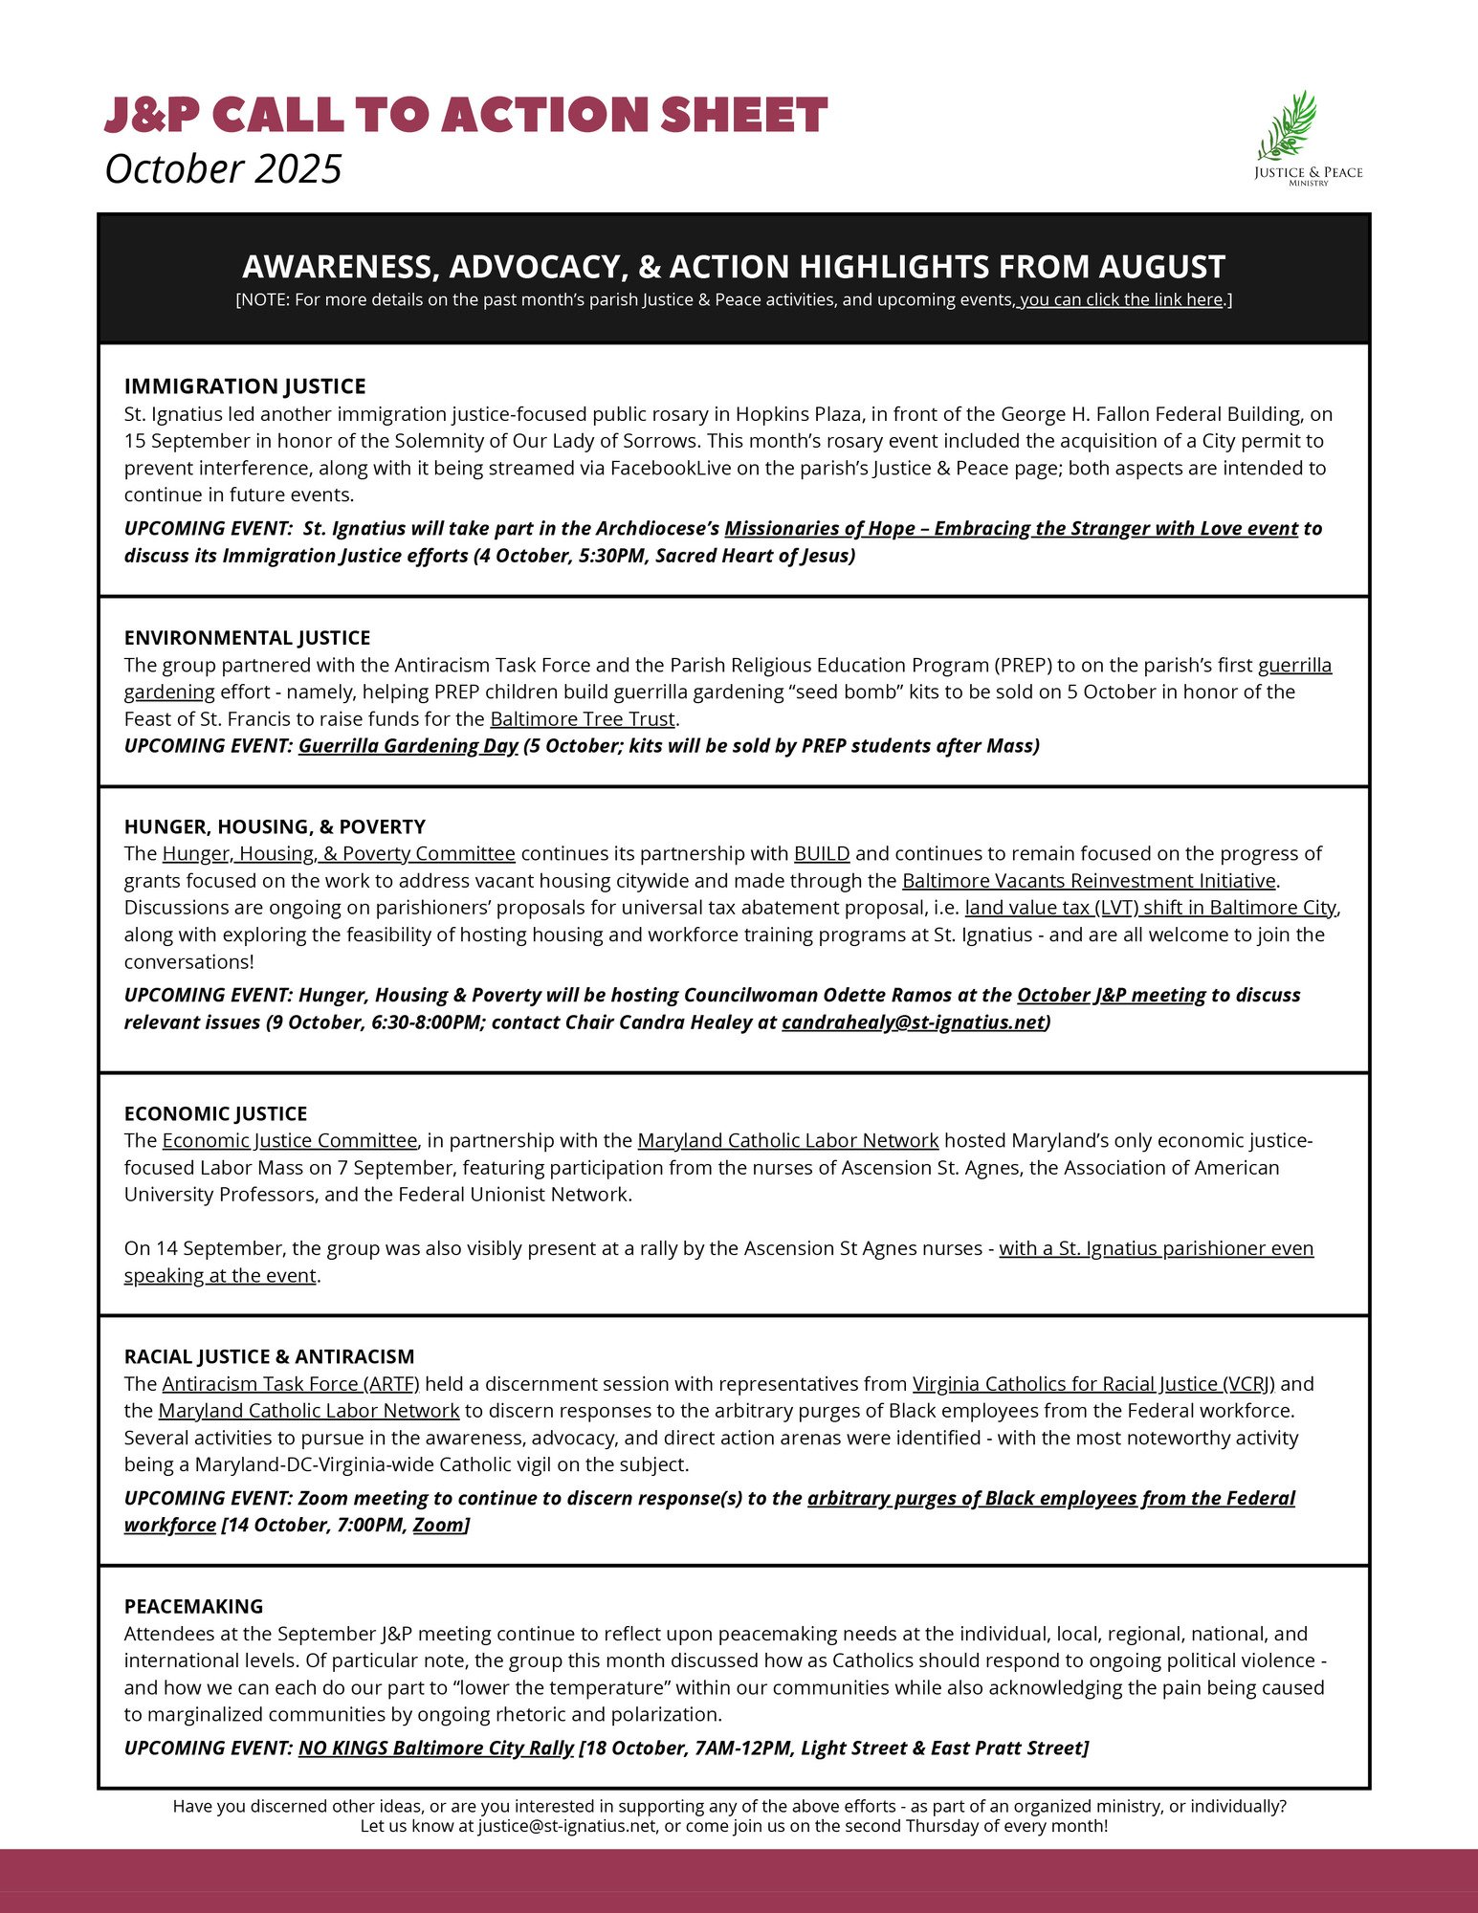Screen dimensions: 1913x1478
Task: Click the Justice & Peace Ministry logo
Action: [1307, 139]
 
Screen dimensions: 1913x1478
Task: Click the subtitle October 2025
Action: [223, 169]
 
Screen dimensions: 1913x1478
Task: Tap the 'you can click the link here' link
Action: [1121, 299]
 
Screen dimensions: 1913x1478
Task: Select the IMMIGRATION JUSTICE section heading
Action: [245, 386]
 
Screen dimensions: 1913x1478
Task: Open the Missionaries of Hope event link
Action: [1011, 529]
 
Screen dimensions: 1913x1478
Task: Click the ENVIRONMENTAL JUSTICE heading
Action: [247, 638]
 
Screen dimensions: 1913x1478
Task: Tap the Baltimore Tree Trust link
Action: [583, 718]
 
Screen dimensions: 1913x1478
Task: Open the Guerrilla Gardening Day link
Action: [408, 746]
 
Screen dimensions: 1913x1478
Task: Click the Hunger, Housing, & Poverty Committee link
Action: [339, 853]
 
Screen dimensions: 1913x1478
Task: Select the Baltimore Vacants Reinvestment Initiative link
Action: [1089, 880]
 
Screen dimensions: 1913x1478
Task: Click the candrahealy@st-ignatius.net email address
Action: [913, 1022]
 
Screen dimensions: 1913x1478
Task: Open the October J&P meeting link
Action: [1111, 995]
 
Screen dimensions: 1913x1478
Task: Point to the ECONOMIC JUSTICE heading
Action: [215, 1113]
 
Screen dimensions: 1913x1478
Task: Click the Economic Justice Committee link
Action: [290, 1140]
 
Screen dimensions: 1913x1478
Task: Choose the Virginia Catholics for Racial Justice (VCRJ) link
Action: [1093, 1383]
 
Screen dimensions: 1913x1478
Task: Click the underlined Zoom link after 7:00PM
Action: [438, 1525]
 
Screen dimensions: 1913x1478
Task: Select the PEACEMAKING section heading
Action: [193, 1606]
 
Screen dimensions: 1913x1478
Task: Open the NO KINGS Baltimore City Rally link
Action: [435, 1748]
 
